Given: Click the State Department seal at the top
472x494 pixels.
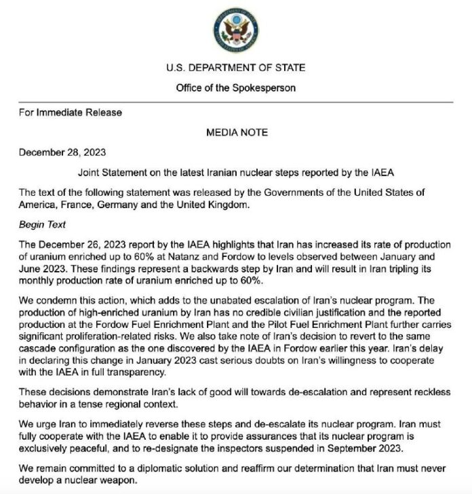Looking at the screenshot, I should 235,29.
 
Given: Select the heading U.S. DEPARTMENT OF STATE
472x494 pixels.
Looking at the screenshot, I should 235,68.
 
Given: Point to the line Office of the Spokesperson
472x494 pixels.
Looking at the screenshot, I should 235,88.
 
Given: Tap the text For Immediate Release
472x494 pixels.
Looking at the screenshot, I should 71,112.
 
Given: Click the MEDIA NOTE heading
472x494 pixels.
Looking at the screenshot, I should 237,132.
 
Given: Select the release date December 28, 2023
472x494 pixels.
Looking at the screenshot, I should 62,152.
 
